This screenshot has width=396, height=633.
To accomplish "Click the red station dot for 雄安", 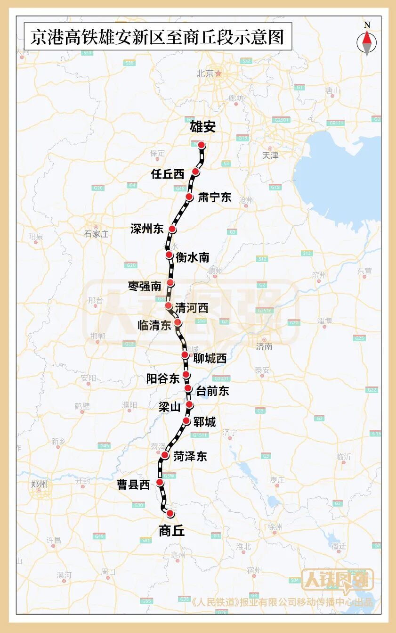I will click(202, 145).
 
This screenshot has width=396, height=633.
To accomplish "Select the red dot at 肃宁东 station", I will click(189, 197).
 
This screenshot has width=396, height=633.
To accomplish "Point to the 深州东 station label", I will click(147, 229).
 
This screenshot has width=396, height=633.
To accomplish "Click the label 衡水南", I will click(192, 257).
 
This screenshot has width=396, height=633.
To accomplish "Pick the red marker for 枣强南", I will click(170, 283).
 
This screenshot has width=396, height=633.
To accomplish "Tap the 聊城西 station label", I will click(210, 359).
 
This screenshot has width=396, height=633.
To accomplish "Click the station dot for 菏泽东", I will click(165, 455).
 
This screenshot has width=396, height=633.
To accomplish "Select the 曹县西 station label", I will click(133, 485).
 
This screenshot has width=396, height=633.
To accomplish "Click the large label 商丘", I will click(172, 531).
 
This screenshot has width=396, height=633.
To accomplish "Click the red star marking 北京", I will click(218, 74).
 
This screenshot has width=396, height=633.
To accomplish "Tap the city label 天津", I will click(271, 155).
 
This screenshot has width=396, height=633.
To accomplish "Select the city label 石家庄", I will click(97, 234).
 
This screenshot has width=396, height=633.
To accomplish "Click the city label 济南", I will click(264, 346).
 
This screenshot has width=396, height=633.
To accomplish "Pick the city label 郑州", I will click(39, 484).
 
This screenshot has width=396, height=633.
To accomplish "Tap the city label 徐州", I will click(275, 526).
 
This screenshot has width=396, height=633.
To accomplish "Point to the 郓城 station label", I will click(204, 422).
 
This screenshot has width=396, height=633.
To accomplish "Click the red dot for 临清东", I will click(178, 322).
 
